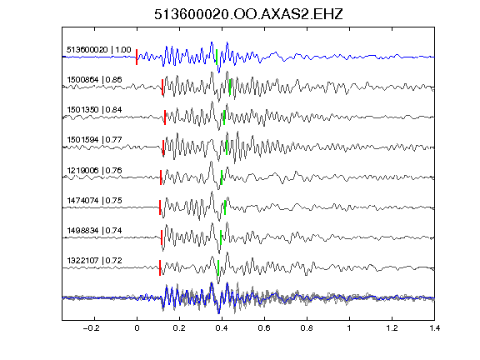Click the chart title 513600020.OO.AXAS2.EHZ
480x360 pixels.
point(248,14)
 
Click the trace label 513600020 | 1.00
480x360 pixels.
point(99,50)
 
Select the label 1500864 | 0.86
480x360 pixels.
point(94,80)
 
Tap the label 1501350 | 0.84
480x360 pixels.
point(94,110)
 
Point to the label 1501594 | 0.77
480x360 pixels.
point(94,140)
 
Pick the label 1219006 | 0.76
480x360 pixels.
point(94,170)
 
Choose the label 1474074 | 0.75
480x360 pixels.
point(94,201)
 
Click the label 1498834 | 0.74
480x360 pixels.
point(94,230)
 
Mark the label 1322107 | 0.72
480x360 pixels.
point(94,260)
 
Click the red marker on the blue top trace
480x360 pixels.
point(137,57)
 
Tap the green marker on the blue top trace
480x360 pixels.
point(217,57)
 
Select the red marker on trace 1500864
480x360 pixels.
point(162,87)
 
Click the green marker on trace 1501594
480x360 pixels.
point(227,147)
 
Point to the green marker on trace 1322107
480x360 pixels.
point(218,267)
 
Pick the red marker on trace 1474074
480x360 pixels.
point(160,207)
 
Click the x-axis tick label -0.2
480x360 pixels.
point(92,328)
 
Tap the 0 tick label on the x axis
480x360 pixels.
point(137,328)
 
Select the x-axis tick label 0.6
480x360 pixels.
point(264,328)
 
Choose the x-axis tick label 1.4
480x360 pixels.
point(435,328)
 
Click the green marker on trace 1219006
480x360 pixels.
point(222,177)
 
